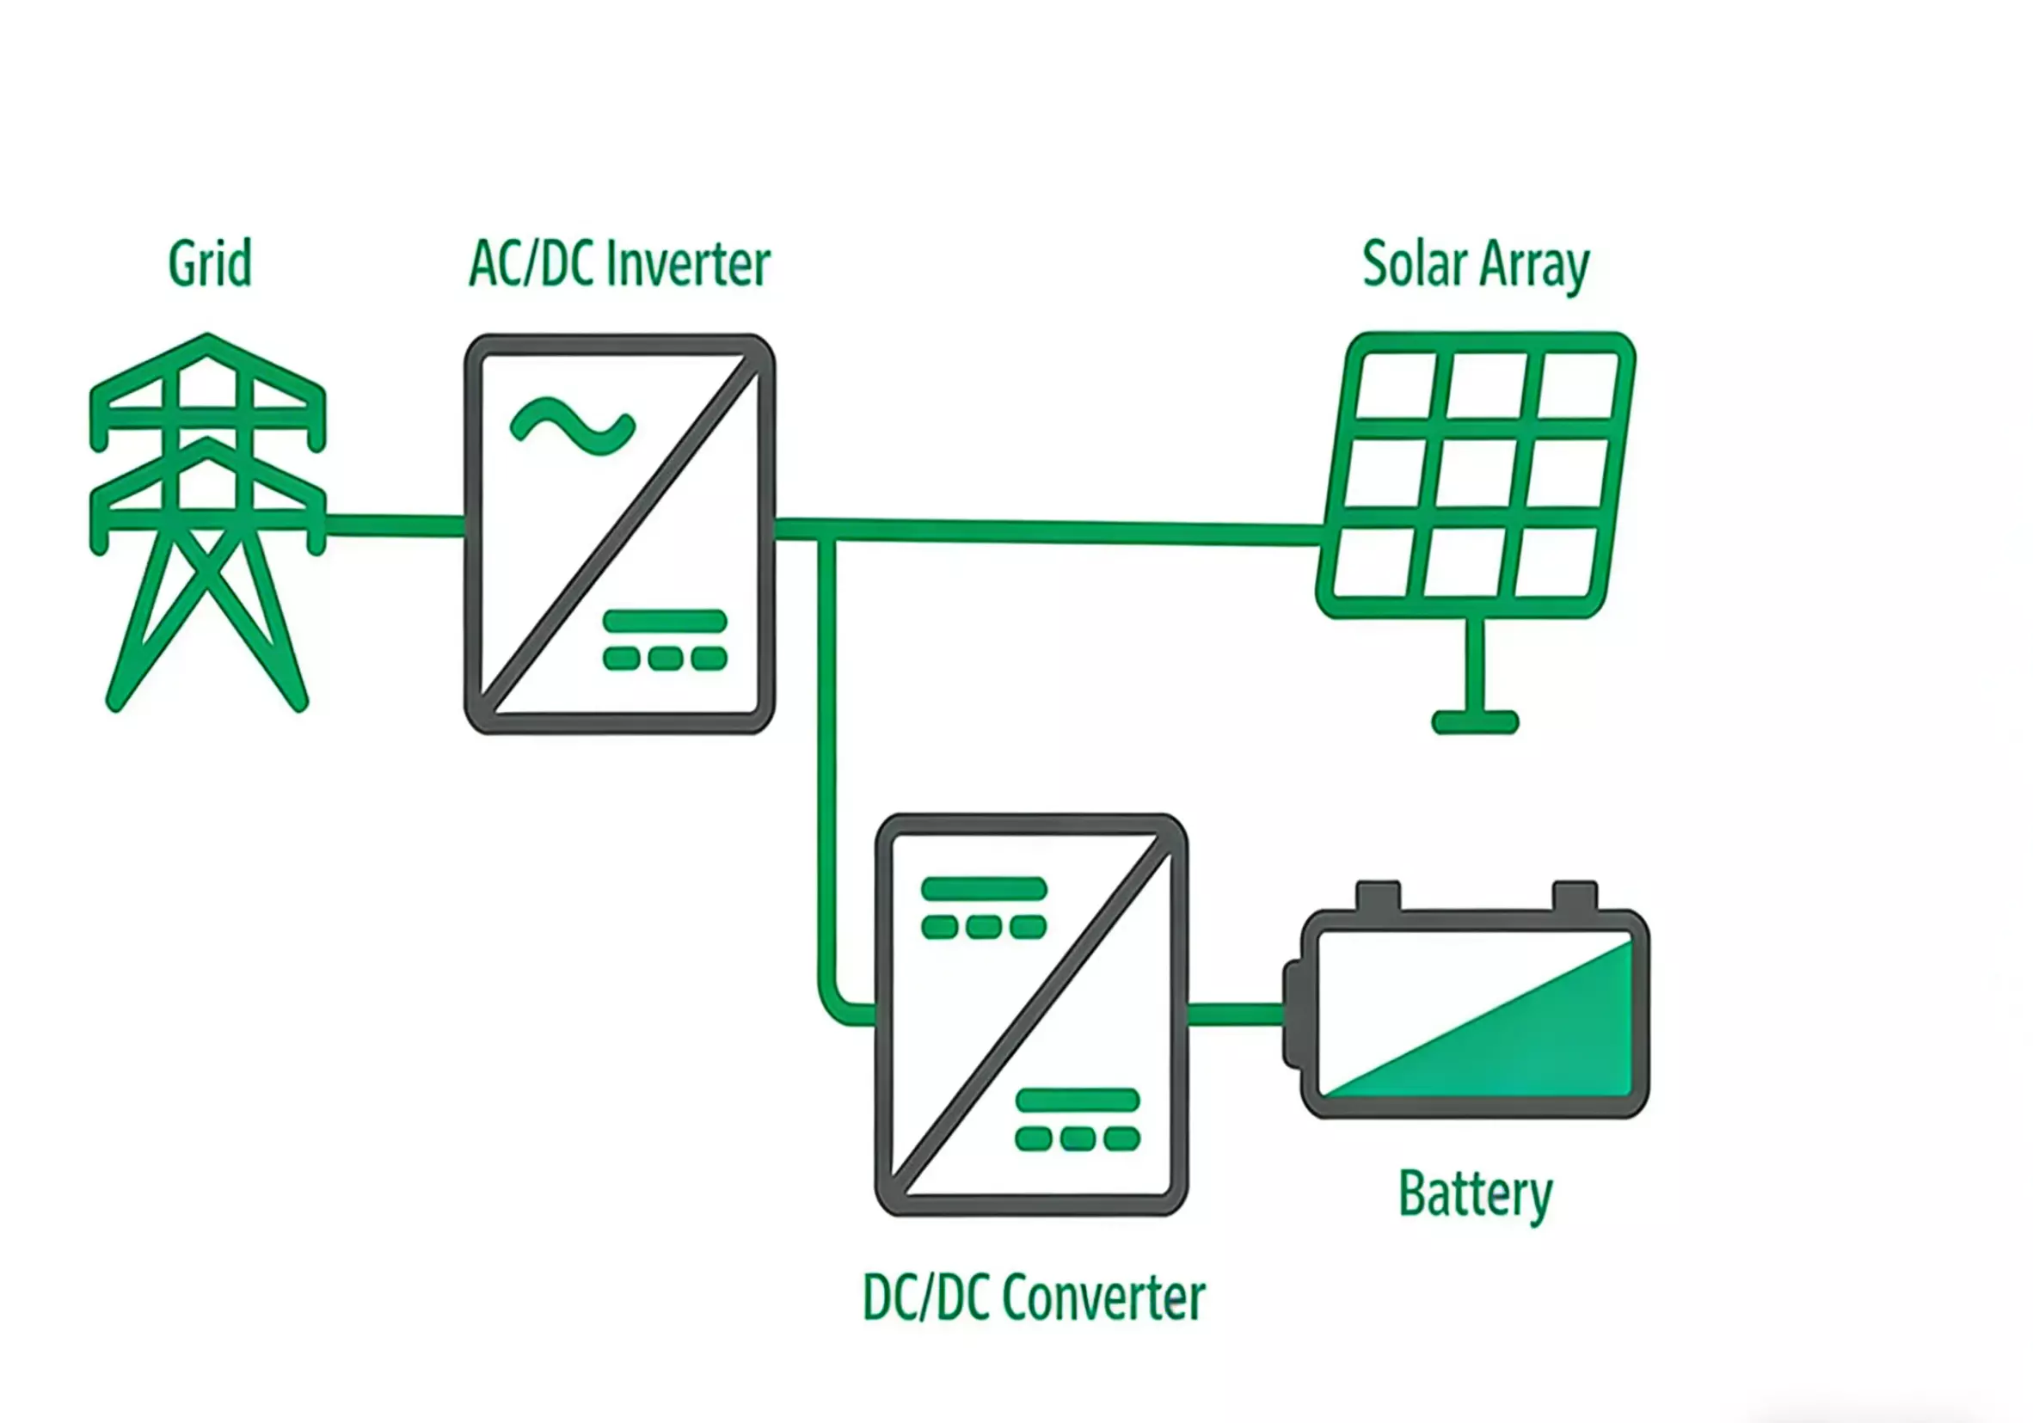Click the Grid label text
pyautogui.click(x=210, y=264)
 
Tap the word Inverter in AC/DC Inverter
pyautogui.click(x=689, y=264)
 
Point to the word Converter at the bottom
pyautogui.click(x=1104, y=1298)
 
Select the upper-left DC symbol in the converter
pyautogui.click(x=984, y=908)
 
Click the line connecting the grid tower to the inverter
pyautogui.click(x=395, y=526)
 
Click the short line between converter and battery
pyautogui.click(x=1234, y=1015)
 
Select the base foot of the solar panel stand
pyautogui.click(x=1475, y=721)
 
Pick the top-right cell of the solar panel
pyautogui.click(x=1579, y=386)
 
